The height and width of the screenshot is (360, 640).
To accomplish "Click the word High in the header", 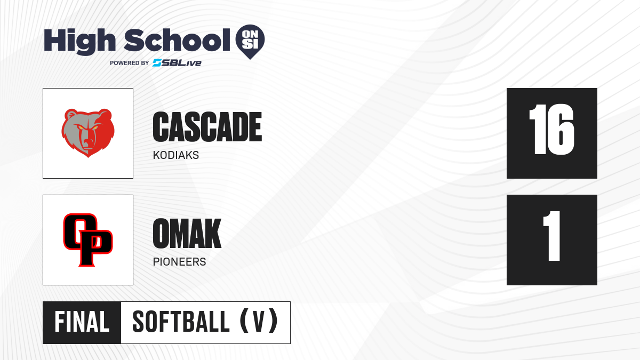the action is coord(79,42).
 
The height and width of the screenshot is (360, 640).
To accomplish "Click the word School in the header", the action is coord(177,40).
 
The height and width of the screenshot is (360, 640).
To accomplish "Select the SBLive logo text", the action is coord(177,63).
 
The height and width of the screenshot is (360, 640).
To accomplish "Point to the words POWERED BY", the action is coord(130,63).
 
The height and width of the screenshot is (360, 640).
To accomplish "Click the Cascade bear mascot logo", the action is coord(88,133).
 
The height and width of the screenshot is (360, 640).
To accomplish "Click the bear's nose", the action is coord(88,141).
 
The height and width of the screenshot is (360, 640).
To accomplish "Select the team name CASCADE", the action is coord(207,127).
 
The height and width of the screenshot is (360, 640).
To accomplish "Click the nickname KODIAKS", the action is coord(176,155).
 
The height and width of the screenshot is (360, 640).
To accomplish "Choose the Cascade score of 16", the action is coord(551,130).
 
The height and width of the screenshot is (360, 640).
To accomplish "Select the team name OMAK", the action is coord(187,234).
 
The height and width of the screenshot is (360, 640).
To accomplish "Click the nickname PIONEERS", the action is coord(179,262).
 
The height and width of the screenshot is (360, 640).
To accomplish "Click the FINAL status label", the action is coord(82,322).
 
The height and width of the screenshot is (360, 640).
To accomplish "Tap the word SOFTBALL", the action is coord(181,322).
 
